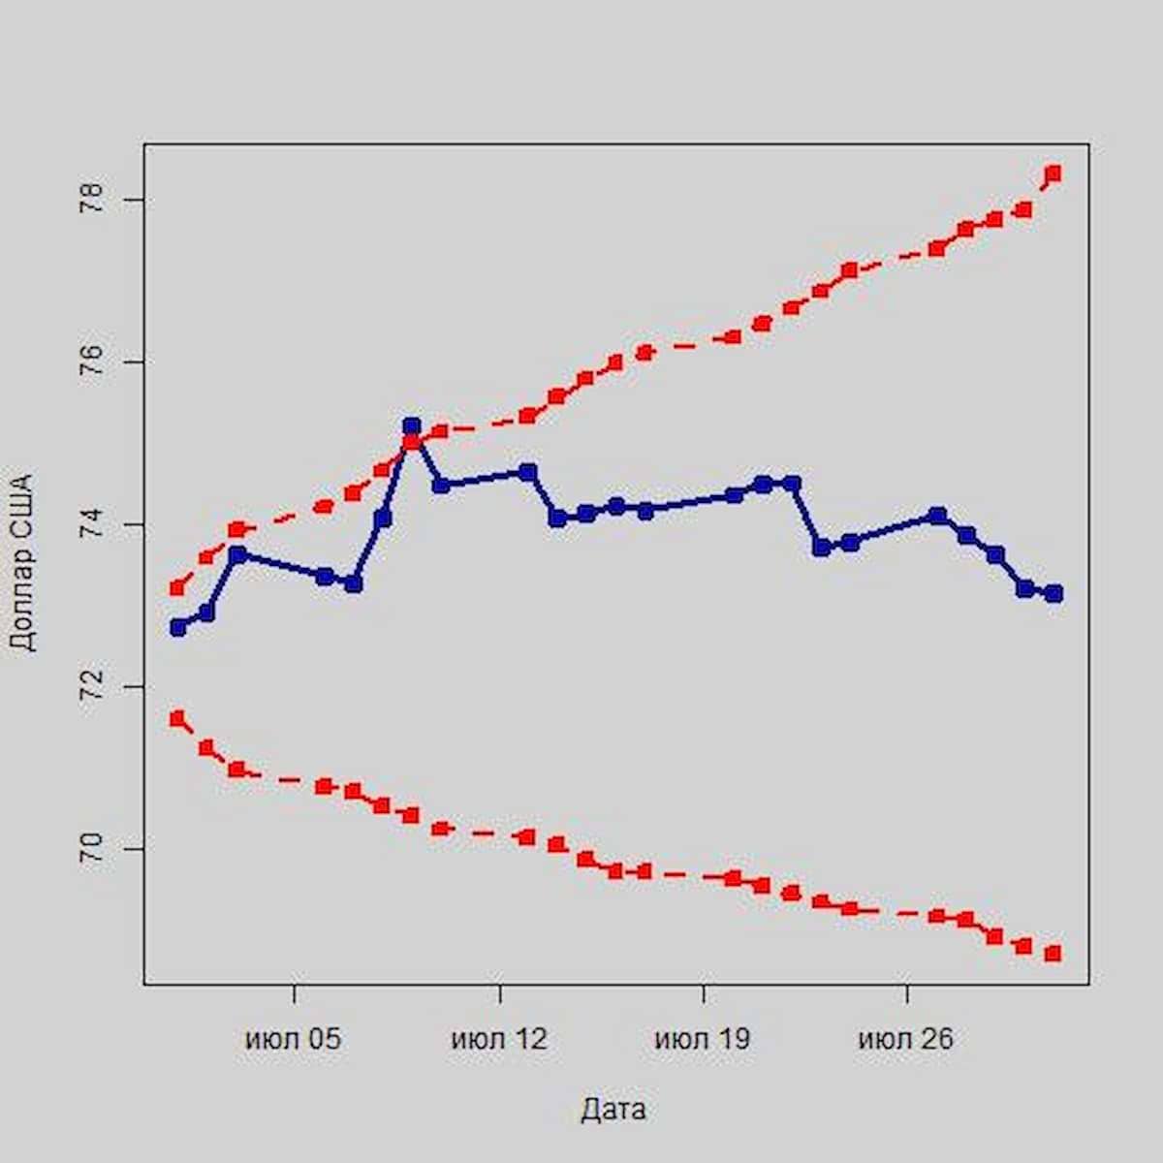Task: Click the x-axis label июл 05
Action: click(x=294, y=1040)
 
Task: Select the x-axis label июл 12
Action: click(x=499, y=1040)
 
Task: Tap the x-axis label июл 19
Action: click(x=703, y=1040)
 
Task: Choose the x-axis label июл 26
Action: click(x=906, y=1040)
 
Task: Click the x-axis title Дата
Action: click(x=613, y=1109)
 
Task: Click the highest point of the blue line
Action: click(x=412, y=425)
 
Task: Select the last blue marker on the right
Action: click(x=1053, y=593)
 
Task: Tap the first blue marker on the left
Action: click(x=177, y=627)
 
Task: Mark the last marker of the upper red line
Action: click(x=1053, y=173)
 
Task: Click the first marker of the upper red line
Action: click(x=177, y=587)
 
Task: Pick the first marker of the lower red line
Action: click(x=177, y=718)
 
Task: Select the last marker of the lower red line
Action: click(x=1053, y=954)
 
